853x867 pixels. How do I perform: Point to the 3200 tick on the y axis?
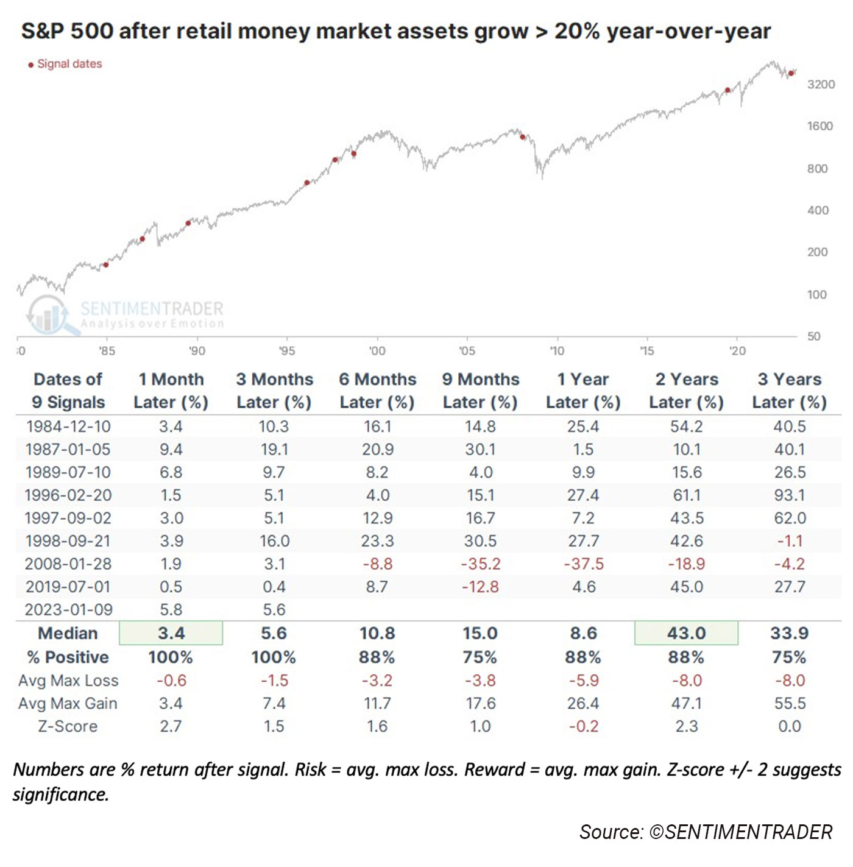tap(821, 85)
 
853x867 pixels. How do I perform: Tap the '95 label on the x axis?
tap(286, 351)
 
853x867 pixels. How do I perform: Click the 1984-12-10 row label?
tap(68, 426)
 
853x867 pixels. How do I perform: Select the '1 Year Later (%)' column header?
tap(583, 391)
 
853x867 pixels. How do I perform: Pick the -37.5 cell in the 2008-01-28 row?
tap(583, 564)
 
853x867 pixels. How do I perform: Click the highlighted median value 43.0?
tap(686, 633)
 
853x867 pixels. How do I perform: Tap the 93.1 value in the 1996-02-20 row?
tap(789, 495)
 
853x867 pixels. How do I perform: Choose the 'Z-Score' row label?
tap(68, 726)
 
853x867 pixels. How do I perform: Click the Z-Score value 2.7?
tap(171, 726)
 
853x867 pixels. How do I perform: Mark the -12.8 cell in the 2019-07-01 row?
tap(480, 587)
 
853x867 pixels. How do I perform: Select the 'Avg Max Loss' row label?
tap(68, 681)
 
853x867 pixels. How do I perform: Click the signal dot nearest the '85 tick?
tap(105, 265)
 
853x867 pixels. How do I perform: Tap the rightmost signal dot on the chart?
tap(791, 74)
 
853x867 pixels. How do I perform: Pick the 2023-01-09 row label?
tap(68, 610)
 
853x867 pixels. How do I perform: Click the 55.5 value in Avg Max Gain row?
tap(789, 704)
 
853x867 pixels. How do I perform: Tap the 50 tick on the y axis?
tap(813, 336)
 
